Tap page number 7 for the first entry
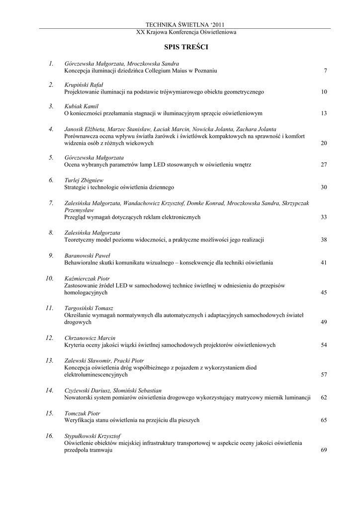pos(325,71)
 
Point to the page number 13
pos(324,113)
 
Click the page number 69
pos(324,450)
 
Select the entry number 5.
pos(51,157)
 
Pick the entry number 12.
pos(49,338)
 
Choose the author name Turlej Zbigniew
pos(84,180)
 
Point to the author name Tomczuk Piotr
pos(83,413)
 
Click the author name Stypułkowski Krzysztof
pos(93,436)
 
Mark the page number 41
pos(324,262)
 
